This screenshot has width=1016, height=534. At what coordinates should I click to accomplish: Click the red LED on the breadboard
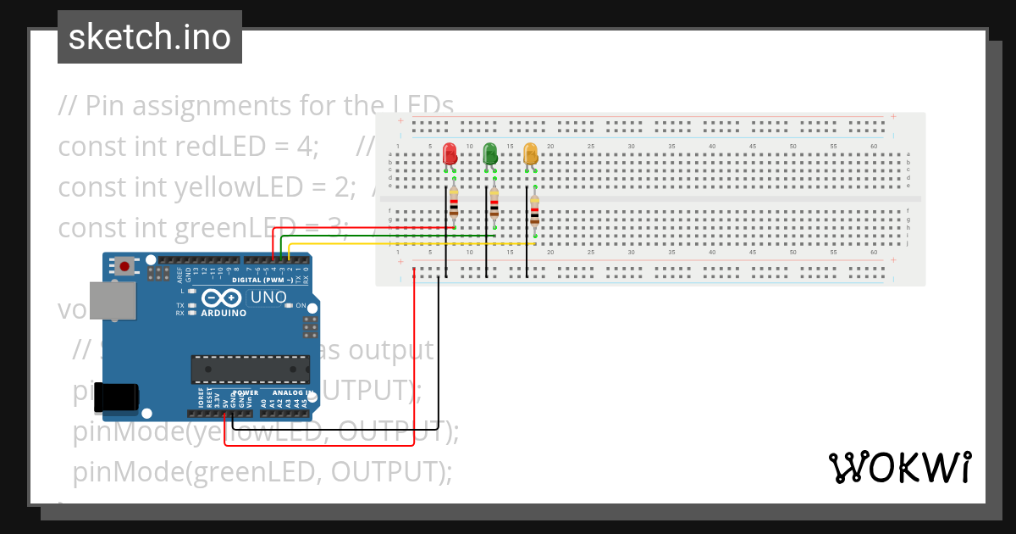point(450,154)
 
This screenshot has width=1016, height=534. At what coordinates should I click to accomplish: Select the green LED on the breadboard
point(490,154)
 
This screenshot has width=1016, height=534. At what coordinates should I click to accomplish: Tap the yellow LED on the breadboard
point(531,154)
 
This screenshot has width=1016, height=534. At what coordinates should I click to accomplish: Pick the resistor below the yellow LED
point(534,212)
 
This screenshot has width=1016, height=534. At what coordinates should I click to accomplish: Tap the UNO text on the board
point(269,298)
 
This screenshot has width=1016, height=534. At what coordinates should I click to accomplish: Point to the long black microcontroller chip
point(250,369)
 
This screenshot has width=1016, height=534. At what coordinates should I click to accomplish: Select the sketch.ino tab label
point(150,37)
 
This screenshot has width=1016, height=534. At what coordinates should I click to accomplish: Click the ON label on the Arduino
point(301,306)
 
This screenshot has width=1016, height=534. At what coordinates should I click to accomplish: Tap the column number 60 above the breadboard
point(874,147)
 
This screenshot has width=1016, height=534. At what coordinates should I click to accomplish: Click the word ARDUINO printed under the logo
point(224,313)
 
